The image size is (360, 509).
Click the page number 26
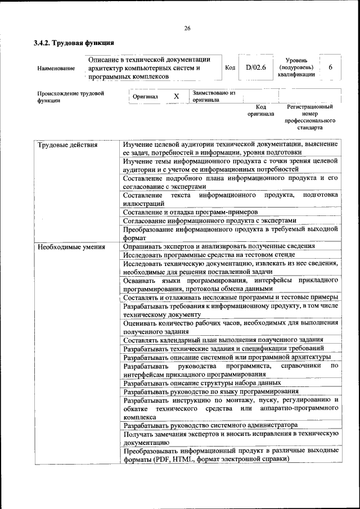coord(187,29)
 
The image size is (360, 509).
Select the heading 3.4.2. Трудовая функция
coord(74,43)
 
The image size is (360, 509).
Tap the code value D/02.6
coord(255,67)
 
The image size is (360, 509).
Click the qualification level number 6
coord(331,67)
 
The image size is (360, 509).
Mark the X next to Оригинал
coord(176,96)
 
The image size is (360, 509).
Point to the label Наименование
coord(56,68)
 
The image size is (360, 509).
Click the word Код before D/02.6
coord(230,68)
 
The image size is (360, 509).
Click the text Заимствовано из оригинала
coord(214,96)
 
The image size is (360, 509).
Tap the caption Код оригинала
coord(260,110)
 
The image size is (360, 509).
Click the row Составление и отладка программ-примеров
coord(191,212)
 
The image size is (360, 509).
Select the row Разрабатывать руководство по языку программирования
coord(211,391)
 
